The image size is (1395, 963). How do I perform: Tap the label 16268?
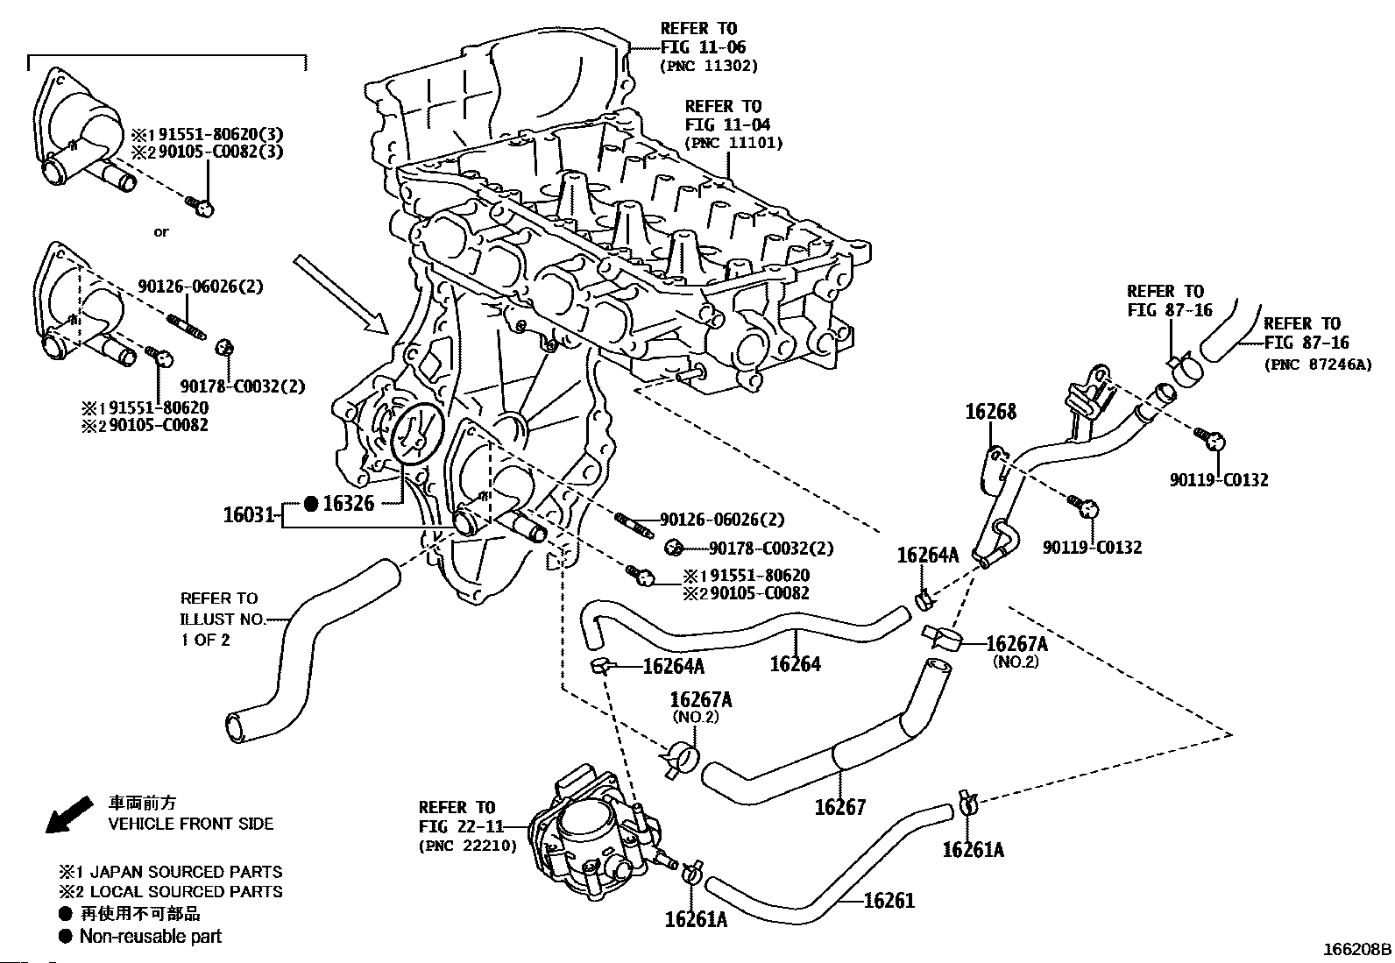coord(990,411)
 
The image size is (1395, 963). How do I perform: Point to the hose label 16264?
coord(795,663)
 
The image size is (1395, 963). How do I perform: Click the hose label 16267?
coord(839,806)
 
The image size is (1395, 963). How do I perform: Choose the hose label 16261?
coord(889,900)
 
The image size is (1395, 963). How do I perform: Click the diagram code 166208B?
coord(1356,949)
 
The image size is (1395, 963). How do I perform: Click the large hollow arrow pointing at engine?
coord(342,294)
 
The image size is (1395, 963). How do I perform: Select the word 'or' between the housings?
coord(160,232)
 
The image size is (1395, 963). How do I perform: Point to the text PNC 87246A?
coord(1318,365)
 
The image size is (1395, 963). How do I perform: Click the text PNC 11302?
coord(709,66)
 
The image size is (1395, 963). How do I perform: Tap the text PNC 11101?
coord(733,143)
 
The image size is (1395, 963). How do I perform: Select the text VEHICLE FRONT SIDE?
coord(190,824)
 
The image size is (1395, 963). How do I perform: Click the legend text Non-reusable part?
coord(150,936)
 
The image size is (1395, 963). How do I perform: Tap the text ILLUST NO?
coord(223,620)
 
